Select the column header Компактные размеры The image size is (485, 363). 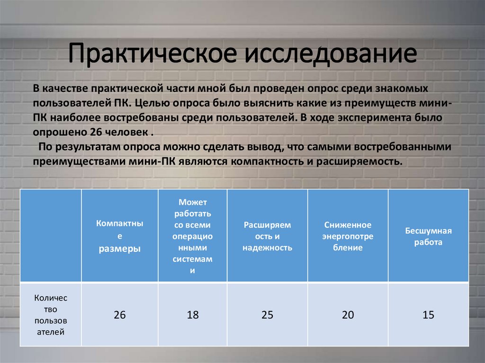click(119, 236)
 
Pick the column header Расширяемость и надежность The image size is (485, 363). click(267, 236)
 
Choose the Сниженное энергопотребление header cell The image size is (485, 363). click(348, 236)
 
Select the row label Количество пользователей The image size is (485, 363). click(51, 315)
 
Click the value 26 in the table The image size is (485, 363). click(119, 315)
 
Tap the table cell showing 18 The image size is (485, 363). click(192, 315)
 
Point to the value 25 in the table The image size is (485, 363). click(267, 315)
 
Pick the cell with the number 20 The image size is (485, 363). click(348, 315)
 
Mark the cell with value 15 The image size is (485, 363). click(428, 315)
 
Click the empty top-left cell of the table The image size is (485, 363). click(51, 236)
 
